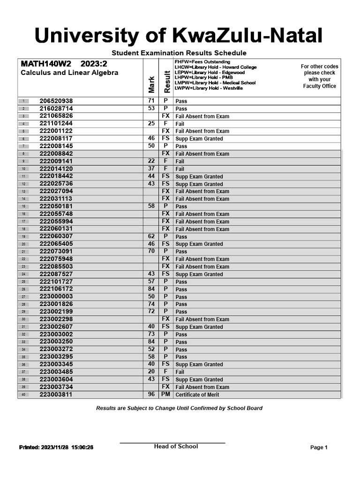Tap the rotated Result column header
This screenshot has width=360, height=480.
pos(166,82)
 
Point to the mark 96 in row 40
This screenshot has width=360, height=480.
pos(151,395)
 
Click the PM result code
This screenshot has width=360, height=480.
pos(165,395)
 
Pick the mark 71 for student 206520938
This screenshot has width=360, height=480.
pos(151,101)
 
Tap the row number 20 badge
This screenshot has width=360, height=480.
pos(23,244)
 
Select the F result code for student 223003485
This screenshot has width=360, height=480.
pos(165,372)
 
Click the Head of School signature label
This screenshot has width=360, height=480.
pos(176,446)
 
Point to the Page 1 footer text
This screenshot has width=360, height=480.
pos(319,448)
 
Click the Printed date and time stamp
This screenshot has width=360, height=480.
pos(56,448)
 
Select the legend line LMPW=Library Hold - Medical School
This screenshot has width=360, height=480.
pos(215,82)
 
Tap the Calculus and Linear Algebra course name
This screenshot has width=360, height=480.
pos(69,73)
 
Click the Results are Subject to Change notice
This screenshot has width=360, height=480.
pos(179,408)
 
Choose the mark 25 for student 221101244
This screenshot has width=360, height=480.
pos(151,124)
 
